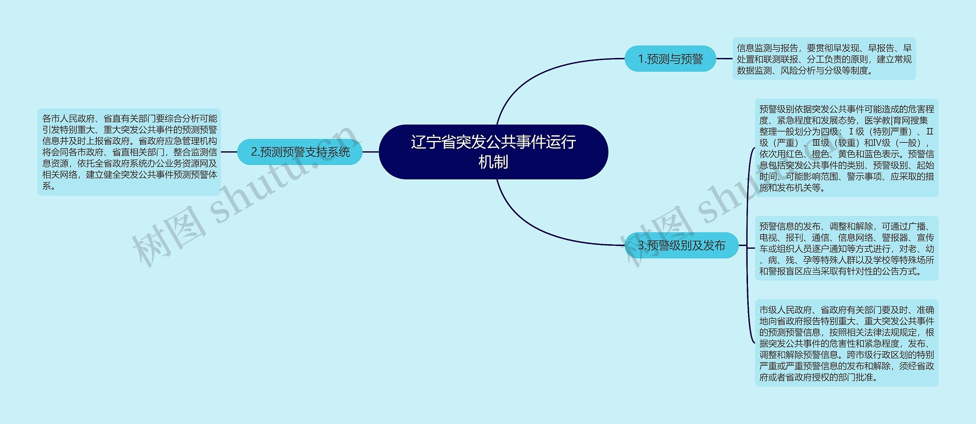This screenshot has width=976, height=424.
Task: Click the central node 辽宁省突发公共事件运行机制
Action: [x=493, y=152]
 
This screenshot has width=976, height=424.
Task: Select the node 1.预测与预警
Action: [x=670, y=59]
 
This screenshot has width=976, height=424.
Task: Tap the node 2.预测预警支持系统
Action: [x=300, y=152]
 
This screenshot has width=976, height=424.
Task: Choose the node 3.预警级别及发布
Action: [x=681, y=245]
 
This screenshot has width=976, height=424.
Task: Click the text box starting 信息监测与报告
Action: [x=824, y=59]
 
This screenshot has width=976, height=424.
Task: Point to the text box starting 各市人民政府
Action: [x=129, y=152]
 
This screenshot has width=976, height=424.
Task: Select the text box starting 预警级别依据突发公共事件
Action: [x=846, y=148]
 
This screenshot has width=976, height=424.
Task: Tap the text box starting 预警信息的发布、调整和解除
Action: [x=846, y=248]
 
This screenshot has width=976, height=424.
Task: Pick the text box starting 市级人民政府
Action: [x=846, y=343]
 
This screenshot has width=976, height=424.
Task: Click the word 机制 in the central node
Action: [x=493, y=162]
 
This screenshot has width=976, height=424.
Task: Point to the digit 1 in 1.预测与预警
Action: [x=641, y=59]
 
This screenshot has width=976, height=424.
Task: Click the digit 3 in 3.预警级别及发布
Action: [x=641, y=246]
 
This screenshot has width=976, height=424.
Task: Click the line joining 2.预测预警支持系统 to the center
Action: [x=370, y=152]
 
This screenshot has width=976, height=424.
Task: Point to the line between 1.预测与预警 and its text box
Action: [x=724, y=59]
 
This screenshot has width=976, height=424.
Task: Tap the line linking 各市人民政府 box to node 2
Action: [x=229, y=152]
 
